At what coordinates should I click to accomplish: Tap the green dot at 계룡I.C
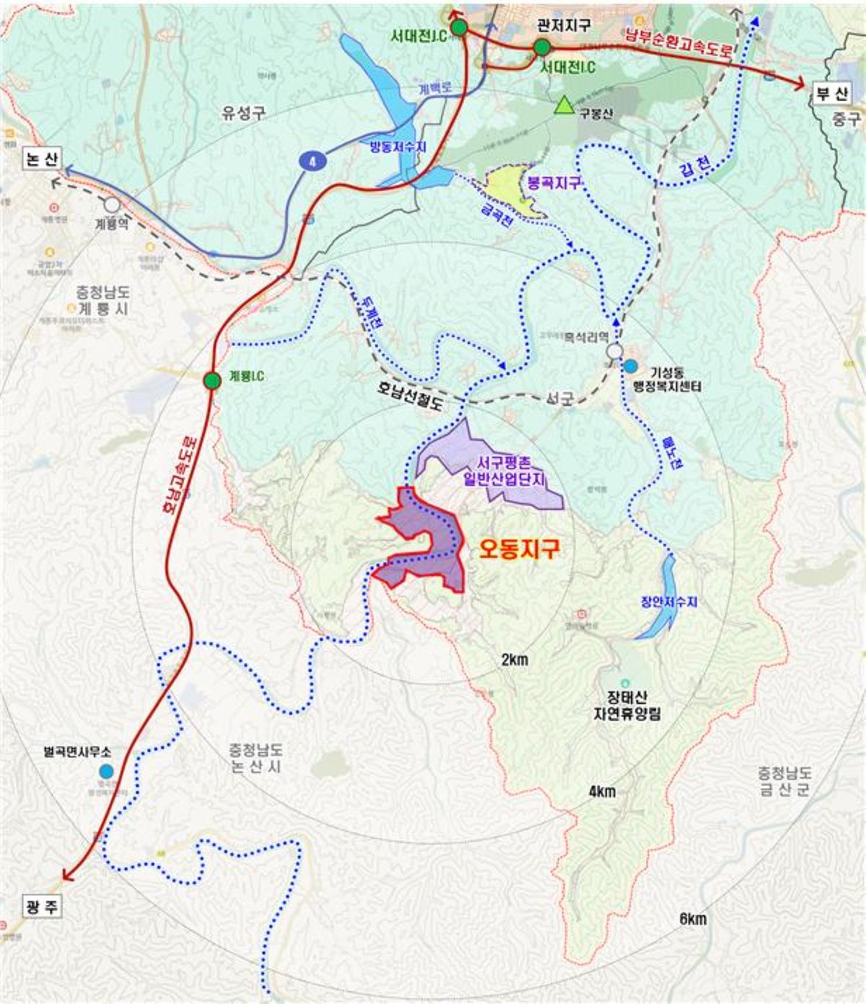click(211, 380)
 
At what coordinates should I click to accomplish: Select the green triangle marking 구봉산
click(564, 106)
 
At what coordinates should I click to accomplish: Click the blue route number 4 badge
click(312, 161)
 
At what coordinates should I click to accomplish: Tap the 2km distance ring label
click(515, 659)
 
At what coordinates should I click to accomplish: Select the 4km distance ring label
click(602, 792)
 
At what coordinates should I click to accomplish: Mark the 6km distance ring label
click(693, 919)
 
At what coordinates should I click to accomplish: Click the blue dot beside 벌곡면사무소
click(107, 772)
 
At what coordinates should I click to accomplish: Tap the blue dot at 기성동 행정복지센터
click(631, 366)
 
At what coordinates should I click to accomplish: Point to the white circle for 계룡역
click(112, 205)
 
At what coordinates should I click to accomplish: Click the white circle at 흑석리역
click(614, 351)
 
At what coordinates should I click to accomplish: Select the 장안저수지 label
click(668, 602)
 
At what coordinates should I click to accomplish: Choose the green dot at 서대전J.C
click(458, 28)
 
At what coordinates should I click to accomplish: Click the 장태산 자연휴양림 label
click(625, 704)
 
